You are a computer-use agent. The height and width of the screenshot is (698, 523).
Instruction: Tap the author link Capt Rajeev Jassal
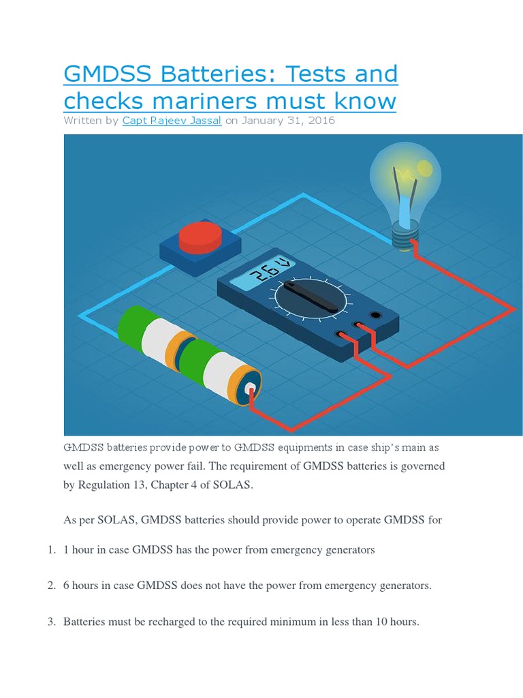tap(172, 121)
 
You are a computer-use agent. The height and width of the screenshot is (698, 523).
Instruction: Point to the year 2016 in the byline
tap(319, 121)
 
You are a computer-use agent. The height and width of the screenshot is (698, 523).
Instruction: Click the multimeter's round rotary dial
tap(311, 297)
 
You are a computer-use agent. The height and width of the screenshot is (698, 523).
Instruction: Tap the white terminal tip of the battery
tap(251, 391)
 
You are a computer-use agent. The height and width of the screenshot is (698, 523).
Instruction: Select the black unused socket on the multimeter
tap(375, 315)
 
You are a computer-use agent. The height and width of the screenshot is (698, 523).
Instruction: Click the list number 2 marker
tap(51, 586)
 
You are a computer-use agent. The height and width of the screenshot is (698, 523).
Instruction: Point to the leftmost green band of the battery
tap(133, 326)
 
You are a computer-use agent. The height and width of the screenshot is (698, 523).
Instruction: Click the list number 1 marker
tap(51, 549)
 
